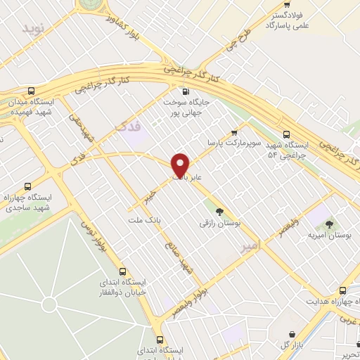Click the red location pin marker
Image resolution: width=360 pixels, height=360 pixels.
pyautogui.click(x=181, y=165)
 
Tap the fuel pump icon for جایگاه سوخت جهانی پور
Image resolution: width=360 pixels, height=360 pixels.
pyautogui.click(x=186, y=91)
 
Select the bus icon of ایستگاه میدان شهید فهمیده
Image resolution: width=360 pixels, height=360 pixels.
pyautogui.click(x=32, y=91)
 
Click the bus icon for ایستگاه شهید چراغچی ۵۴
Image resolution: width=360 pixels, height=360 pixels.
pyautogui.click(x=285, y=134)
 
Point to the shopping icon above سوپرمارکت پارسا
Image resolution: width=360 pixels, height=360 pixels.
pyautogui.click(x=234, y=131)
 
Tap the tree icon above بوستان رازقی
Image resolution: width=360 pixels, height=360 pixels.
pyautogui.click(x=220, y=210)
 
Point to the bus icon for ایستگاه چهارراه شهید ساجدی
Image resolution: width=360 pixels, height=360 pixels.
pyautogui.click(x=27, y=186)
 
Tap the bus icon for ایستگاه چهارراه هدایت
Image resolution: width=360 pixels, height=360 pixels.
pyautogui.click(x=343, y=290)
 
